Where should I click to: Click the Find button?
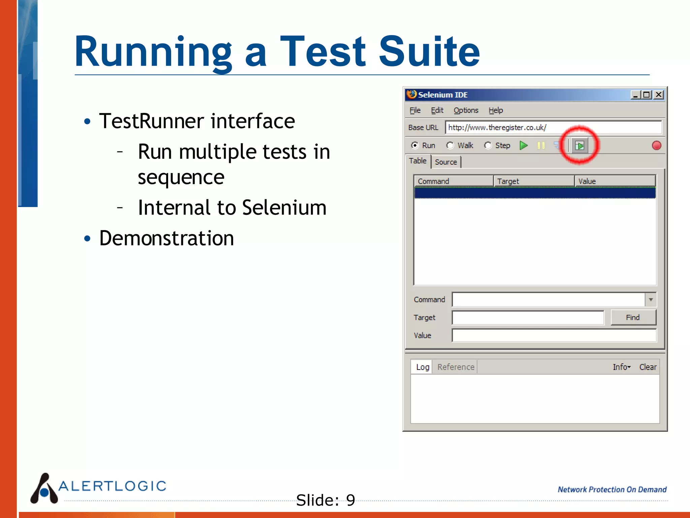pyautogui.click(x=633, y=317)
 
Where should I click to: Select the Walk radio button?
pyautogui.click(x=450, y=145)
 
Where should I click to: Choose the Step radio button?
pyautogui.click(x=488, y=145)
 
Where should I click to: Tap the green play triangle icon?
pyautogui.click(x=524, y=145)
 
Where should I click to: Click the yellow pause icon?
pyautogui.click(x=541, y=145)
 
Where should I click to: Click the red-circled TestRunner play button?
pyautogui.click(x=579, y=146)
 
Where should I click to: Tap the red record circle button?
pyautogui.click(x=656, y=145)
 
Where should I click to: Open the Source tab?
pyautogui.click(x=446, y=162)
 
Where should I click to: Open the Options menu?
pyautogui.click(x=466, y=110)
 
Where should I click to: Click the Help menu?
pyautogui.click(x=496, y=110)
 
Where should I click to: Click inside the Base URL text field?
pyautogui.click(x=553, y=127)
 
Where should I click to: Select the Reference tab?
pyautogui.click(x=456, y=367)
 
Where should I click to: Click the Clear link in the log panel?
pyautogui.click(x=648, y=367)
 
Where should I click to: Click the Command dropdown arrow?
pyautogui.click(x=651, y=299)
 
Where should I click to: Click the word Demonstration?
pyautogui.click(x=166, y=238)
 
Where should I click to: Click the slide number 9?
pyautogui.click(x=350, y=500)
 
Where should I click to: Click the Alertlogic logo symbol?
pyautogui.click(x=44, y=489)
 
